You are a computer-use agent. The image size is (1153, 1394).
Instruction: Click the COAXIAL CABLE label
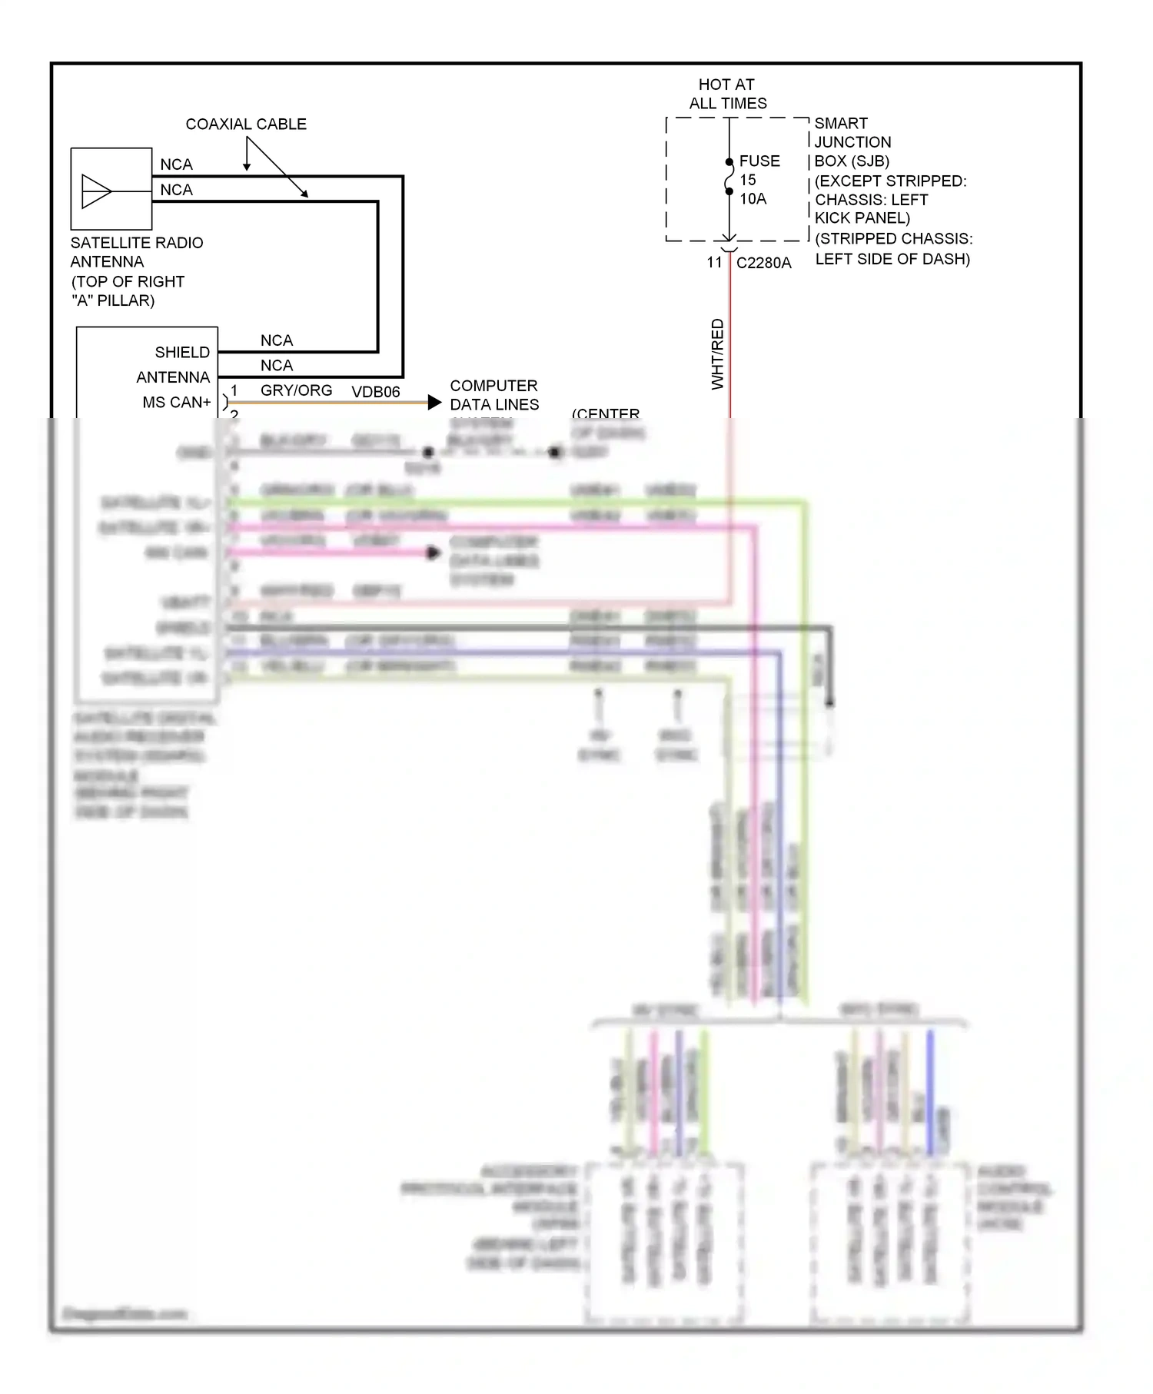coord(246,124)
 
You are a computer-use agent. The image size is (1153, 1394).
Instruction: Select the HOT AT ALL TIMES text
coord(727,94)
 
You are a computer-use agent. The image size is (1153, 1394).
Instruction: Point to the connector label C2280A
coord(763,263)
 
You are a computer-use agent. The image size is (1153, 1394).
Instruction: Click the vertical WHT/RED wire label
coord(717,354)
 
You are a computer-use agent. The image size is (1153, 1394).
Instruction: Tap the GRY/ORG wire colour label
coord(296,390)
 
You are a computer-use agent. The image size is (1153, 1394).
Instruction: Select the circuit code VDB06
coord(376,392)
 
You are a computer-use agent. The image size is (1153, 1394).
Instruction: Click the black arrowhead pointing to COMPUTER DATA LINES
coord(435,402)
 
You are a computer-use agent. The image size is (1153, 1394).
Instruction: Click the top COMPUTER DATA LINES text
coord(494,395)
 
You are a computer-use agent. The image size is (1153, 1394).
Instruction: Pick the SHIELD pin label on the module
coord(182,352)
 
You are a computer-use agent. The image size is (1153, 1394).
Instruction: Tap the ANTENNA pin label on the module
coord(173,377)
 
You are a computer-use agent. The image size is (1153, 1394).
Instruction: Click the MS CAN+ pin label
coord(176,402)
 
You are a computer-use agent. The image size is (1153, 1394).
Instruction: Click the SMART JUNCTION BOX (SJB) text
coord(852,142)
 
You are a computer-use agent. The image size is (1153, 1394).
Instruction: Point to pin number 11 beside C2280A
coord(714,263)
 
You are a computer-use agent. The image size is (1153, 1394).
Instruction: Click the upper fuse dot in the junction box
coord(729,162)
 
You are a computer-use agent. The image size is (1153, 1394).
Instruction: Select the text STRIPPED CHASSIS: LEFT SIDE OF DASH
coord(893,249)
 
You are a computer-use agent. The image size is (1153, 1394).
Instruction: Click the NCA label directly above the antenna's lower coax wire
coord(176,190)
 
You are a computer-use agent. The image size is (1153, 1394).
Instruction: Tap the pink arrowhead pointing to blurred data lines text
coord(434,553)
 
